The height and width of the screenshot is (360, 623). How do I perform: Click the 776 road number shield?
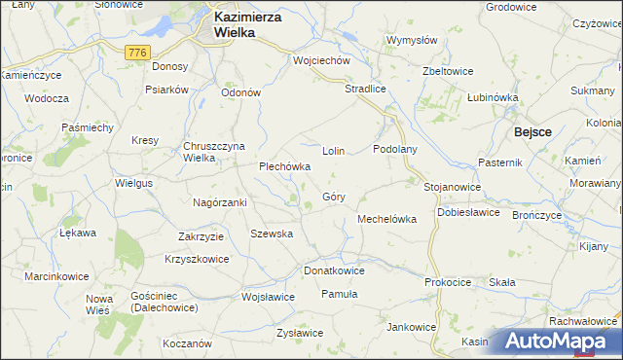point(135,50)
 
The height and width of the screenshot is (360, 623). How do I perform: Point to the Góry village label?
point(334,197)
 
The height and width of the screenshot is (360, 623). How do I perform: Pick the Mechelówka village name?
point(387,219)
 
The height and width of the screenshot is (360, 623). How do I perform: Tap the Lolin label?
point(334,153)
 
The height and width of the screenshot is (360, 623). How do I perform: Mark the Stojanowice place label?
point(453,185)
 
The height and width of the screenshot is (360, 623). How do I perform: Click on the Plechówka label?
point(284,166)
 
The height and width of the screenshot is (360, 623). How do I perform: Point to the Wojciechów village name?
point(321,60)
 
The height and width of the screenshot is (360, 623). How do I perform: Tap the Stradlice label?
point(366,89)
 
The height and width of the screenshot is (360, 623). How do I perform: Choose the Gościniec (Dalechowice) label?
point(163,301)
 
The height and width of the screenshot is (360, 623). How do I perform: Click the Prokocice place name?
point(448,282)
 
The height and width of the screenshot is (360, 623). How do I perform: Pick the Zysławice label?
point(299,333)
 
